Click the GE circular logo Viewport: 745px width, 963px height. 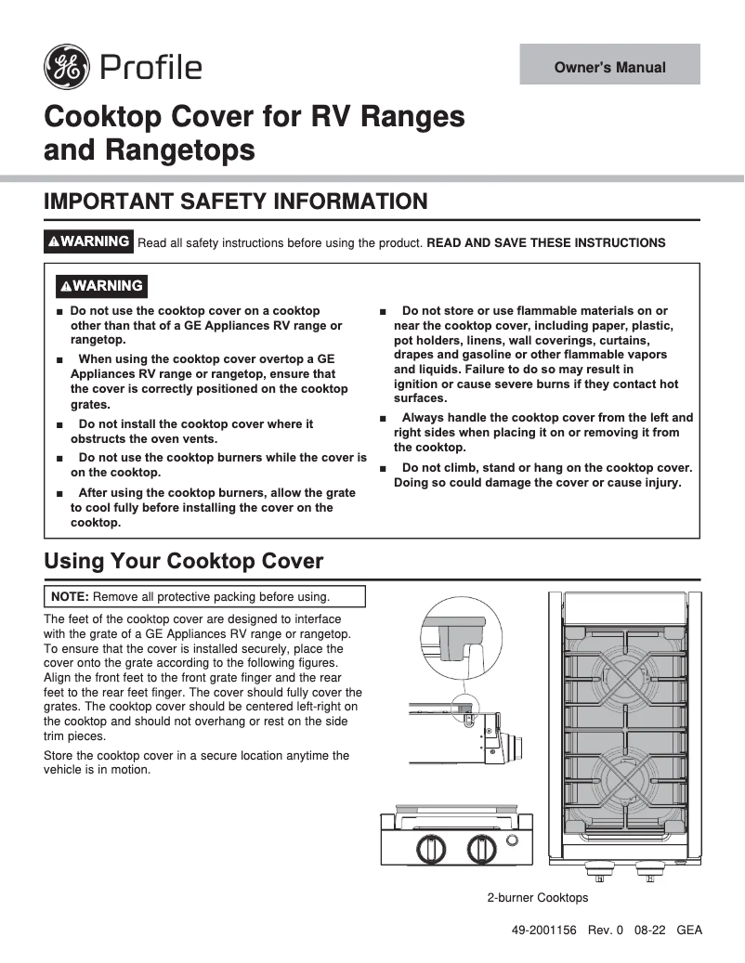point(67,67)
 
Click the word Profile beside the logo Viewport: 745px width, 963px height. point(150,68)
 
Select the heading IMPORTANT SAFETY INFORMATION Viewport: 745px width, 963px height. point(236,202)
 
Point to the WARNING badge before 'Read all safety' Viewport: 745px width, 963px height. point(89,241)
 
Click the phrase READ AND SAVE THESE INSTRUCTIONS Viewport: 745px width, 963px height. point(546,243)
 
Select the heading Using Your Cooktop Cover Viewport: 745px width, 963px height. point(184,561)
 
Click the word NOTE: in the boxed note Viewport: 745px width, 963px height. point(71,596)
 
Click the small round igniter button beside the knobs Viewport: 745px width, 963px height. point(512,841)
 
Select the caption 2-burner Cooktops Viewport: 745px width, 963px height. point(538,898)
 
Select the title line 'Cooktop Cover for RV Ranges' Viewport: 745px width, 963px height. point(255,117)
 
